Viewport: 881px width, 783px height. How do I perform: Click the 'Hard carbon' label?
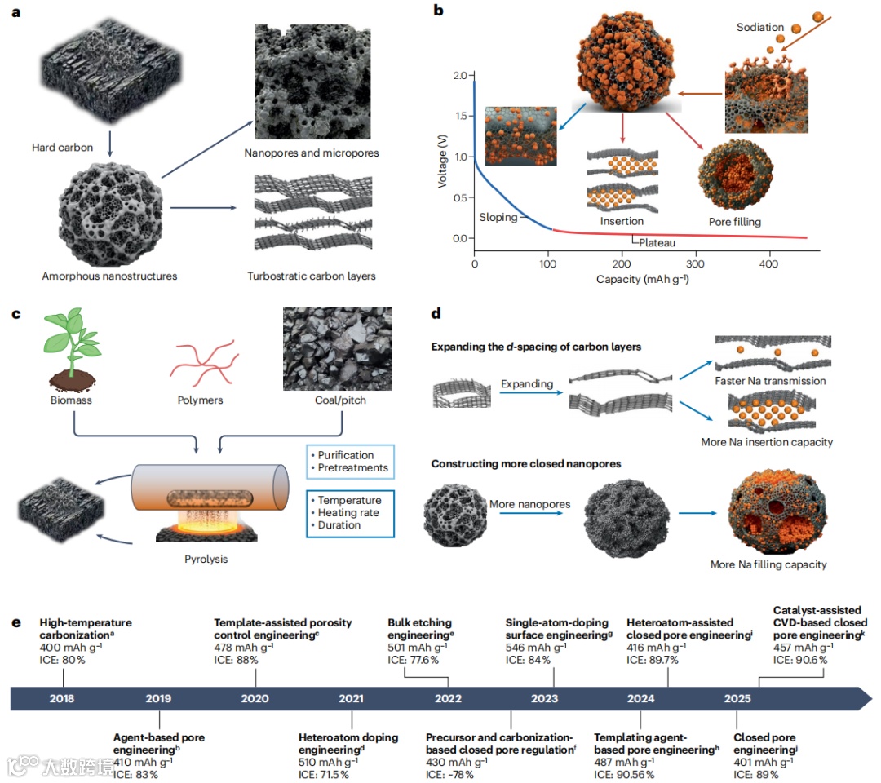(x=62, y=148)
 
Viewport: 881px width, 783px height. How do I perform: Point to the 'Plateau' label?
(x=657, y=242)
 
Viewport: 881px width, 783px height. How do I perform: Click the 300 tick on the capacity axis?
(x=696, y=266)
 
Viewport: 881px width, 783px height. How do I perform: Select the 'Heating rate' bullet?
(x=348, y=513)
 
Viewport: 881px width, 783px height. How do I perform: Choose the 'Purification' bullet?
(x=346, y=455)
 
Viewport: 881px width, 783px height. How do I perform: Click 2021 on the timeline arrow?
(x=351, y=698)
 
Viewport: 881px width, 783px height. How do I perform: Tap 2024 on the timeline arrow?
(x=640, y=698)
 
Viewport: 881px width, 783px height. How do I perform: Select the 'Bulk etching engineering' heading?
(x=419, y=629)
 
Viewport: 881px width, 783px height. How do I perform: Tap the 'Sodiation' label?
(x=759, y=27)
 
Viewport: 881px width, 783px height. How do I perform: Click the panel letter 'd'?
(x=436, y=312)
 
